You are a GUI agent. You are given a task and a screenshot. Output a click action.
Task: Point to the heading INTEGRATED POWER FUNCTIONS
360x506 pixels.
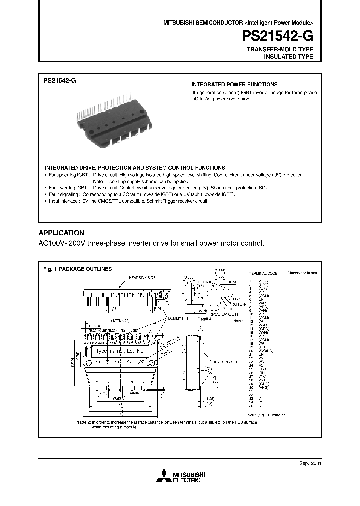coord(234,85)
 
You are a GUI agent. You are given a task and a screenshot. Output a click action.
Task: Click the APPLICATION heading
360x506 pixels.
coord(61,233)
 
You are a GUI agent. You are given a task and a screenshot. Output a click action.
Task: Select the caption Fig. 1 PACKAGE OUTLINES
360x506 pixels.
coord(78,268)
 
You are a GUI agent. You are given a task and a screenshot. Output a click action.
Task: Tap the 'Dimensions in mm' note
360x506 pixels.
coord(302,273)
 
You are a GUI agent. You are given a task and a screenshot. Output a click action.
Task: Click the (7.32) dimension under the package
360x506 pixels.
coord(103,393)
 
